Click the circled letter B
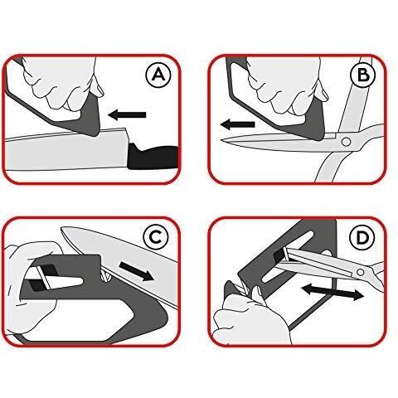tap(363, 75)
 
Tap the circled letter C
tap(157, 237)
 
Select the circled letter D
tap(362, 237)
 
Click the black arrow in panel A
tap(127, 114)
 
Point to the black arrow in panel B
tap(237, 124)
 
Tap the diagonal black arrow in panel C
tap(136, 271)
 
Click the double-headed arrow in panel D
tap(332, 293)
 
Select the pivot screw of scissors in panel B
tap(346, 142)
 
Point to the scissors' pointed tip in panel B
tap(221, 140)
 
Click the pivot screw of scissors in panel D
tap(360, 273)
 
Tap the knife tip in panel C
tap(61, 229)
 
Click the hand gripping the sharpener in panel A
tap(64, 83)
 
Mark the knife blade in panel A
tap(66, 149)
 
